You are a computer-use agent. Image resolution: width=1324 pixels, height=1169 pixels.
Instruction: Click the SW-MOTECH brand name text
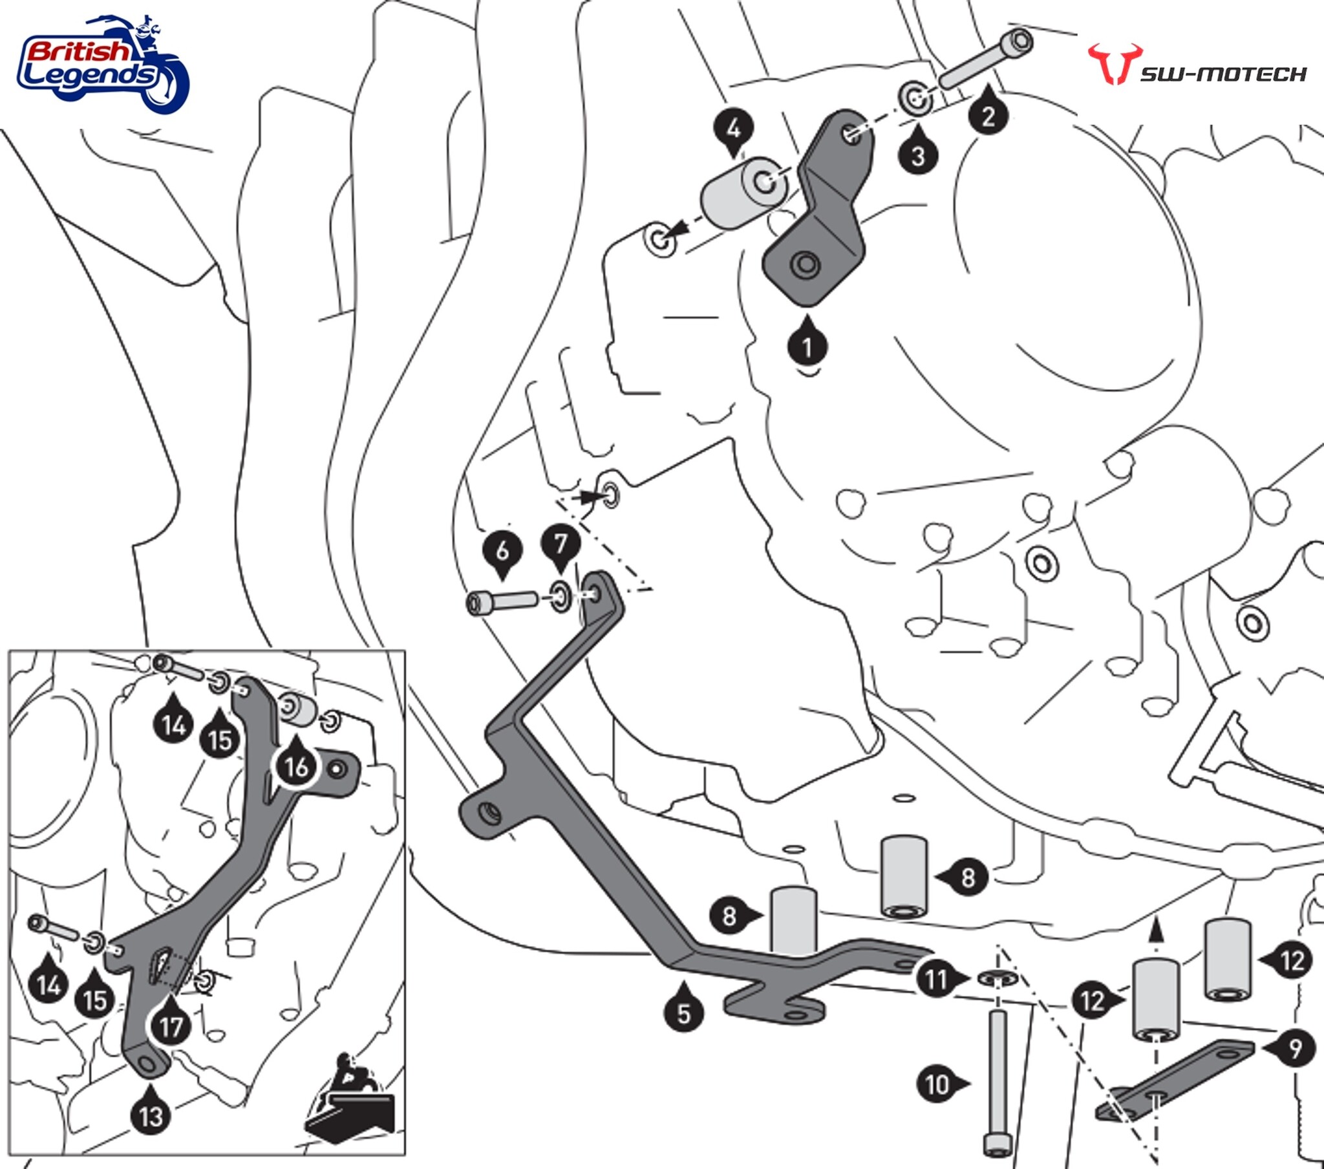(x=1223, y=74)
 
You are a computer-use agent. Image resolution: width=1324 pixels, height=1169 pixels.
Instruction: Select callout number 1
(x=807, y=347)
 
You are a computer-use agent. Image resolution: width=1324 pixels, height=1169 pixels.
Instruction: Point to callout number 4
(x=733, y=129)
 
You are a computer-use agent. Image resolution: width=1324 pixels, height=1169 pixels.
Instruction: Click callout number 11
(x=937, y=978)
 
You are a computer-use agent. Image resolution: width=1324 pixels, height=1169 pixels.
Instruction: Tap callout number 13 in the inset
(x=151, y=1116)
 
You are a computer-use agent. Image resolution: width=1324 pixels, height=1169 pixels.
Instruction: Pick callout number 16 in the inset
(x=296, y=767)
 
